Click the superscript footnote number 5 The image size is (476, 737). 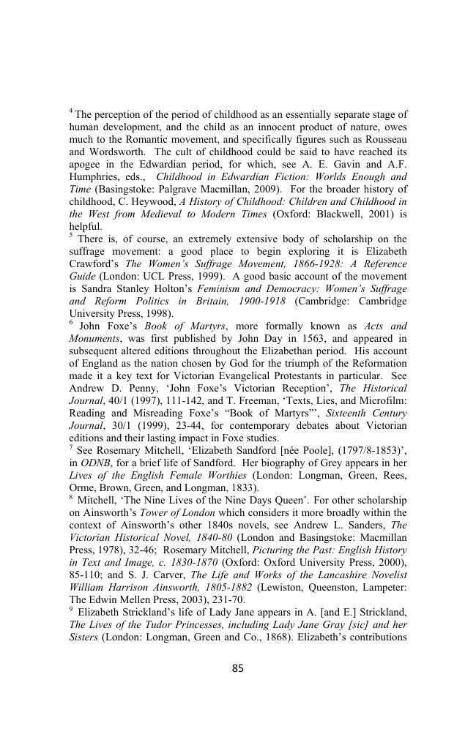(x=71, y=236)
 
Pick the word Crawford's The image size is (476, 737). (x=94, y=264)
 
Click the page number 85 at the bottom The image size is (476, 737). (x=237, y=667)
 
